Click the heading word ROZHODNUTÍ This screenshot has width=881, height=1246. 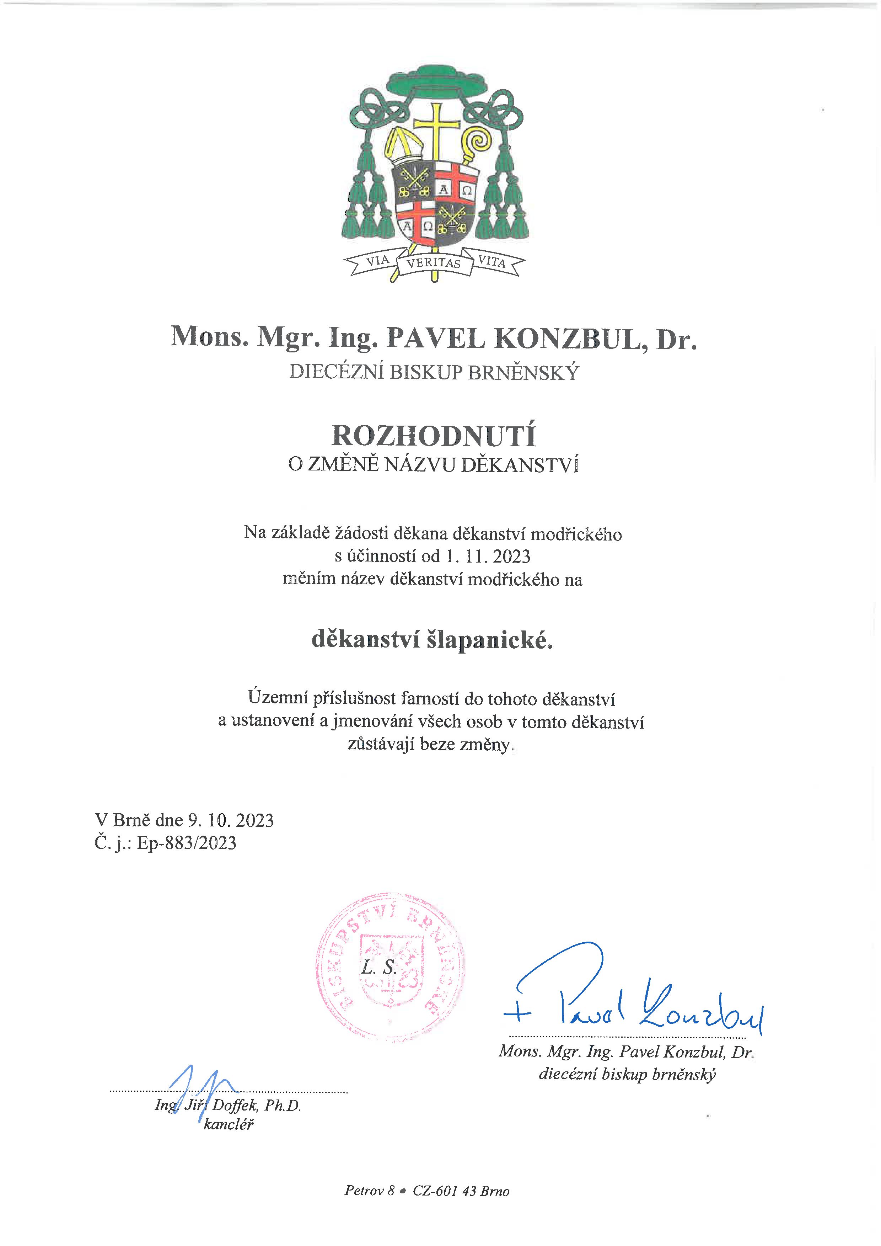pyautogui.click(x=434, y=435)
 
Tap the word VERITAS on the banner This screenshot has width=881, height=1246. pyautogui.click(x=434, y=263)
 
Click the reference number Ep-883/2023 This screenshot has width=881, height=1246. pyautogui.click(x=187, y=843)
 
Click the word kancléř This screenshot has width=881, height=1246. pyautogui.click(x=229, y=1124)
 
